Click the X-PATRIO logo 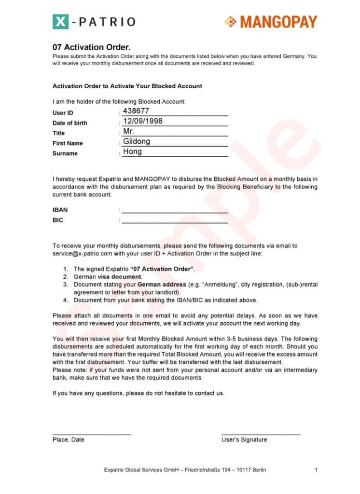coord(94,21)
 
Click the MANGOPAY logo coord(271,22)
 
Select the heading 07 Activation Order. coord(92,47)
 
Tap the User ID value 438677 coord(136,111)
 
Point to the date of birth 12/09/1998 coord(143,122)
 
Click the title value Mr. coord(129,132)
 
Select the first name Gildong coord(137,142)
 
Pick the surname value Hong coord(132,152)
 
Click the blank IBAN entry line coord(175,212)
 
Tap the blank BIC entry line coord(175,222)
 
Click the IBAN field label coord(60,210)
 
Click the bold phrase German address coord(159,285)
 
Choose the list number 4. coord(66,300)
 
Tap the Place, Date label coord(69,439)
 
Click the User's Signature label coord(244,439)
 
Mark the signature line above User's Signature coord(261,435)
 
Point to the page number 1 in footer coord(316,470)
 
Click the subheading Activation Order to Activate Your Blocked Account coord(127,86)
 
